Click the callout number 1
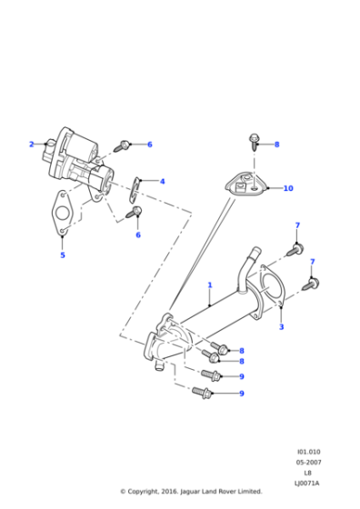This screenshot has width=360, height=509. click(210, 284)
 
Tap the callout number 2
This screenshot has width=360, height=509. click(31, 145)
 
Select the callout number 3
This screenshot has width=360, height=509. click(282, 327)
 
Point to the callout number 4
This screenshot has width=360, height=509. click(163, 182)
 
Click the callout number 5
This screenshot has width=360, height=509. click(63, 255)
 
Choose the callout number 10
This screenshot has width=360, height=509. click(288, 189)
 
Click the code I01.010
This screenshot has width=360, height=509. click(307, 452)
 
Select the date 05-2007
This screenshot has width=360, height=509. click(307, 463)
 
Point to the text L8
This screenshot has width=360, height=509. click(307, 473)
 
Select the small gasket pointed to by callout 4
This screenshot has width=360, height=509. click(135, 188)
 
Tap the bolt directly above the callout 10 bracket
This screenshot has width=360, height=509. click(254, 143)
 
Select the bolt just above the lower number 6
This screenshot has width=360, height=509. click(136, 214)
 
